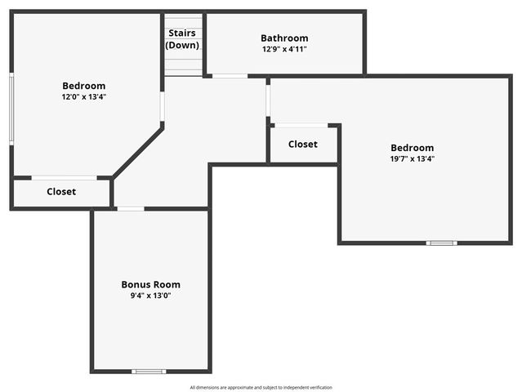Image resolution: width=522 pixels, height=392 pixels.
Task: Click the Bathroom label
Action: (284, 38)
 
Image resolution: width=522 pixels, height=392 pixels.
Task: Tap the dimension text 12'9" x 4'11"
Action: (284, 49)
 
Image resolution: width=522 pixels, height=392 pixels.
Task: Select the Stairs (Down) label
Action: (183, 39)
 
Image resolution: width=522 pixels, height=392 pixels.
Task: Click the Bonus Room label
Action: (150, 284)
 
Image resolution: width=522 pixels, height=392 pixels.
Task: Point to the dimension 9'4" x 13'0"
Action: (150, 295)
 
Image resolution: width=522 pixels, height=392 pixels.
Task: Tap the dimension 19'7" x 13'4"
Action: (412, 158)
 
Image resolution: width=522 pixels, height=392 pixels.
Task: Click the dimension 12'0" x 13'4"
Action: (83, 96)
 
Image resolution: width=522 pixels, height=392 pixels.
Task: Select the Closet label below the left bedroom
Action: (61, 192)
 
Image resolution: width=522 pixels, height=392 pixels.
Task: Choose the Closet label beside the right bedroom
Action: (303, 144)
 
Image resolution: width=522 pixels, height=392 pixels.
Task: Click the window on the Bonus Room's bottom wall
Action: (149, 372)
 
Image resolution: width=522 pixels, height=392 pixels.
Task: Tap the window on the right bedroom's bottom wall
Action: (442, 243)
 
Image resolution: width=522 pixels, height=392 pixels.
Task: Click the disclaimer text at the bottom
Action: (261, 387)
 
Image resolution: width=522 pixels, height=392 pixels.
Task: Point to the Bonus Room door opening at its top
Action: (131, 209)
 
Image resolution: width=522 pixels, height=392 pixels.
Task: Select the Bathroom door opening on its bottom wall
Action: (230, 76)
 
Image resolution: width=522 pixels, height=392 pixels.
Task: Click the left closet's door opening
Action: (64, 177)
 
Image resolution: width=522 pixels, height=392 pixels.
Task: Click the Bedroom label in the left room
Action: (83, 86)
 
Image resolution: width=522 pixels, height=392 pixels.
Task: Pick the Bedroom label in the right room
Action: (412, 148)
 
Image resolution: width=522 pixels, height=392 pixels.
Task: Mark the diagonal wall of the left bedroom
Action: (137, 150)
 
